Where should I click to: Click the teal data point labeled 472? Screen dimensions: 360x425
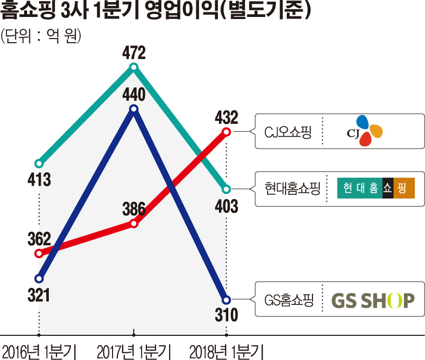tap(134, 67)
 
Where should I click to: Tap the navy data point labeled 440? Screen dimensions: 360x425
tap(134, 109)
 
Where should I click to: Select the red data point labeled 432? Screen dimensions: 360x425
tap(225, 132)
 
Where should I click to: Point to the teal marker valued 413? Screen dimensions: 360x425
tap(39, 164)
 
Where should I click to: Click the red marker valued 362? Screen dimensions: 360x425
tap(39, 253)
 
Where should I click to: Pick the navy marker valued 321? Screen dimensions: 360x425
tap(39, 279)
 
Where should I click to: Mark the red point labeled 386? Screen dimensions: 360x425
tap(134, 223)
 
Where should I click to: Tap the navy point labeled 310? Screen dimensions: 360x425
tap(225, 299)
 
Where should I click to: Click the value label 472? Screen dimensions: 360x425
tap(134, 53)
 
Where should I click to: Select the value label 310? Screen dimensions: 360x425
tap(226, 315)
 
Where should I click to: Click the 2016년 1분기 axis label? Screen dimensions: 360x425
tap(39, 351)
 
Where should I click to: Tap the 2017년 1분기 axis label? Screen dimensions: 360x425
tap(133, 351)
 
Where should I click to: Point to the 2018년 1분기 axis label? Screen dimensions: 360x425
tap(226, 351)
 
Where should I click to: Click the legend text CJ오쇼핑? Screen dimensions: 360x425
tap(288, 132)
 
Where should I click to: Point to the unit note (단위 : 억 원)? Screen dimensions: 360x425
tap(41, 36)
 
